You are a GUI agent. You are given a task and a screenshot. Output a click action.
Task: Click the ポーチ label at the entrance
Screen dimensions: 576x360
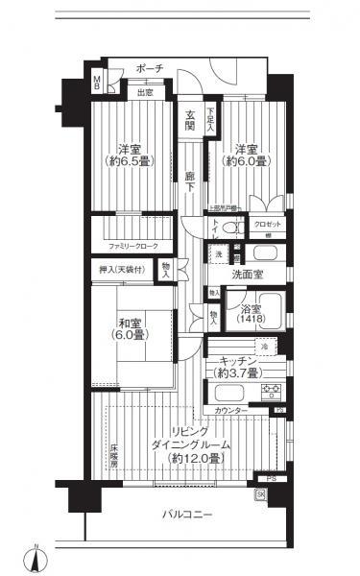(x=149, y=69)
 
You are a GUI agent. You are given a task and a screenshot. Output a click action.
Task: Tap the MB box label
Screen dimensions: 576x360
(x=96, y=84)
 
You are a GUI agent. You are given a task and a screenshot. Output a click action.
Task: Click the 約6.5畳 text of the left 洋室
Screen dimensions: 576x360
(x=130, y=162)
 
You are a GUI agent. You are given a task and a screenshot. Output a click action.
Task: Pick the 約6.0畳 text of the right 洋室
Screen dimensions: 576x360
(x=247, y=162)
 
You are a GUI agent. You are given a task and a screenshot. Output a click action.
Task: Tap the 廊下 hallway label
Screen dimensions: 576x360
(x=191, y=180)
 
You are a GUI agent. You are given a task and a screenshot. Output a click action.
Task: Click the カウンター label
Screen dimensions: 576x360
(x=230, y=410)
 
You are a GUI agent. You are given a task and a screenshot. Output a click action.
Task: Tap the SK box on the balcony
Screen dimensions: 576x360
(x=260, y=494)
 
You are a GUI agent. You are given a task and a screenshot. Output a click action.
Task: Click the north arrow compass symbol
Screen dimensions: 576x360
(x=36, y=556)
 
